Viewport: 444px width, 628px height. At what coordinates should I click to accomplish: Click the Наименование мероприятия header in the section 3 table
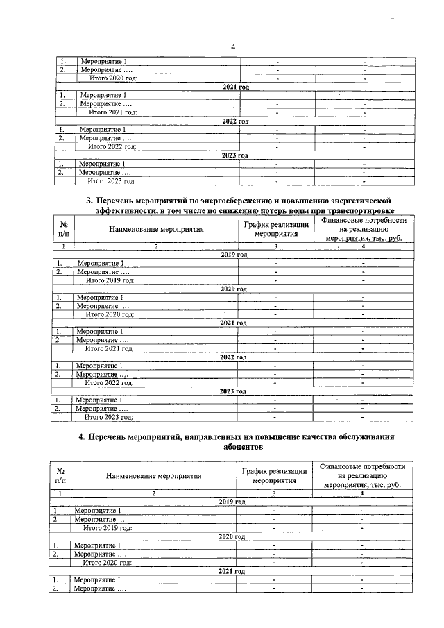click(x=157, y=228)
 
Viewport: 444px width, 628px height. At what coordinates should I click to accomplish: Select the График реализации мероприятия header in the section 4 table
click(x=274, y=475)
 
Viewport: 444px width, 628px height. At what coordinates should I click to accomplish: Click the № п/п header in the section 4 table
click(x=60, y=475)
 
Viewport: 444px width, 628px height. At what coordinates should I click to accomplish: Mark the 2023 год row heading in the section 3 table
click(x=233, y=391)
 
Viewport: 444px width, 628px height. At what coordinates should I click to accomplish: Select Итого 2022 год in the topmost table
click(x=112, y=146)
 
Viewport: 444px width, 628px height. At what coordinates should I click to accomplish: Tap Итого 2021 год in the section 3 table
click(x=108, y=348)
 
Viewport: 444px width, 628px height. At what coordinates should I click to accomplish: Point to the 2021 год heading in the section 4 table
click(x=232, y=570)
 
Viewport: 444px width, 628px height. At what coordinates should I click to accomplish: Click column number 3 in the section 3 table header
click(x=275, y=246)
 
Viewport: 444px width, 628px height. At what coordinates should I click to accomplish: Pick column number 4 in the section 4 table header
click(x=361, y=493)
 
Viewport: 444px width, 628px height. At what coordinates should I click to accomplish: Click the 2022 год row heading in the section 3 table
click(x=233, y=357)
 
